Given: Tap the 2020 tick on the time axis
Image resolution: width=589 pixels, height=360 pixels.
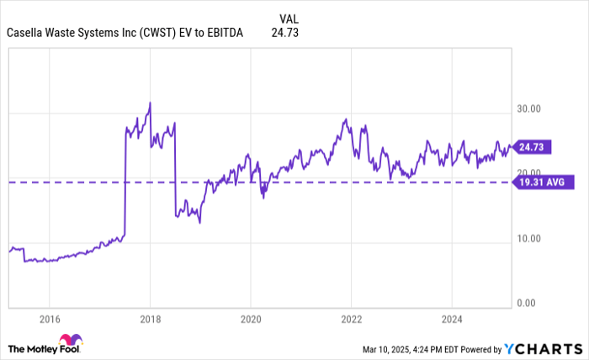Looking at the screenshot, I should (250, 319).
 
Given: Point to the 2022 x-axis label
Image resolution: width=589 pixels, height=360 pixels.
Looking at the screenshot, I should (350, 319).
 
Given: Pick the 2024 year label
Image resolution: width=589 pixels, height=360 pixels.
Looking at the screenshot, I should (451, 319).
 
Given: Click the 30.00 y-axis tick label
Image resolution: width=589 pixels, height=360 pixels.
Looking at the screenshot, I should (528, 109).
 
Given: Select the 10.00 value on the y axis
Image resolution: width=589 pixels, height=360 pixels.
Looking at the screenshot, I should (528, 239).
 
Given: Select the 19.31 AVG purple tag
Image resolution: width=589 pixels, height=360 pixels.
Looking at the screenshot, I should (544, 182).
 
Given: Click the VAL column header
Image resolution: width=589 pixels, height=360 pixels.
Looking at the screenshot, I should (286, 18).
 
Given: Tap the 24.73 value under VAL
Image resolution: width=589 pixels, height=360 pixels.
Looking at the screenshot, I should (285, 33).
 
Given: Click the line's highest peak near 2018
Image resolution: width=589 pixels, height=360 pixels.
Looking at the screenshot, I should (150, 103).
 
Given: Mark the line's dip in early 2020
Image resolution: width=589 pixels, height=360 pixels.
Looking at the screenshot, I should (263, 196).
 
